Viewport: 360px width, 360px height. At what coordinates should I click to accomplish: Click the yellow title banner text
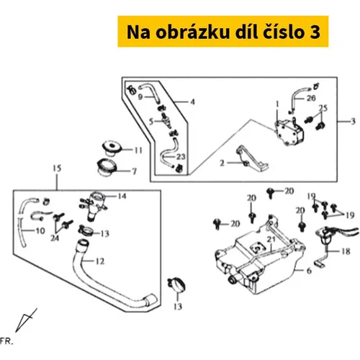coord(223,32)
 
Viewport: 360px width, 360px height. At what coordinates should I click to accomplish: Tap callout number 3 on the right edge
coord(353,122)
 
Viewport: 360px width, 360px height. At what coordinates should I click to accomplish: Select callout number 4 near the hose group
coord(192,102)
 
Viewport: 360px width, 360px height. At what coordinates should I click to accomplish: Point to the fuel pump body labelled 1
coord(289,132)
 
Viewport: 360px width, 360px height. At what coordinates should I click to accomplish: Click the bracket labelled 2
coord(252,160)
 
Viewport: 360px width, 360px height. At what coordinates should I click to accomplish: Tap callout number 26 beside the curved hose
coord(311,98)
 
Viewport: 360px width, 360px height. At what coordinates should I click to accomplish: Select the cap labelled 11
coord(112,148)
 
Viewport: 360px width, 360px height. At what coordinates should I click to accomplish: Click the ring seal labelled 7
coord(107,166)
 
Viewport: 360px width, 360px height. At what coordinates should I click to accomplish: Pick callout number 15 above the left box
coord(57,168)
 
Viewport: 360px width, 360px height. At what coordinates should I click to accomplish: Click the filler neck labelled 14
coord(94,205)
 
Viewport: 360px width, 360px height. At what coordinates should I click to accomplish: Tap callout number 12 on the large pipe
coord(100,261)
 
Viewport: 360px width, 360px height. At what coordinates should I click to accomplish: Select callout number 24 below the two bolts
coord(55,238)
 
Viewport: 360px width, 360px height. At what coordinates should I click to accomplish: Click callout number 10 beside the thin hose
coord(40,231)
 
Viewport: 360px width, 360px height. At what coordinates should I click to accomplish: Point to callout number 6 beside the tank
coord(309,271)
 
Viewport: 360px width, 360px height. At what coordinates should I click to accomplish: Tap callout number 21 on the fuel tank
coord(271,239)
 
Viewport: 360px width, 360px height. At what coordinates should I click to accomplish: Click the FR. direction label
coord(6,341)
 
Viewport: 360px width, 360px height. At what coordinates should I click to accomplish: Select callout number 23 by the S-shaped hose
coord(181,157)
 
